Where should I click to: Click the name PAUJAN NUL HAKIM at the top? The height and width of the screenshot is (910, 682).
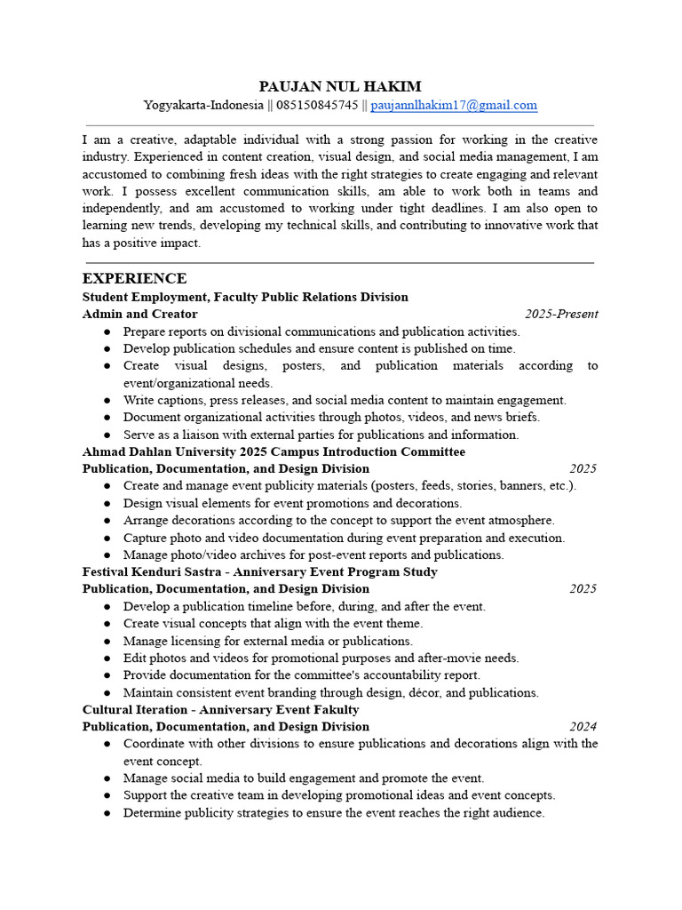[x=340, y=86]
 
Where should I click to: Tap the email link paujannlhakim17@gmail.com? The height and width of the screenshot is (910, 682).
[x=453, y=105]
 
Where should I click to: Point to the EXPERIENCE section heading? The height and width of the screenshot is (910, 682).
[x=134, y=278]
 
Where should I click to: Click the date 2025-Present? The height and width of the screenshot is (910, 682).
[x=560, y=314]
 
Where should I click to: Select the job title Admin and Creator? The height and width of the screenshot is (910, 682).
[x=140, y=314]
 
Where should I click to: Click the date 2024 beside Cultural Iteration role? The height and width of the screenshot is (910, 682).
[x=583, y=726]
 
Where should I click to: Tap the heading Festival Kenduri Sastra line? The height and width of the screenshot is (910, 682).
[x=259, y=571]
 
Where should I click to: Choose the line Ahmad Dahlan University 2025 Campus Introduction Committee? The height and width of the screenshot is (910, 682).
[x=274, y=451]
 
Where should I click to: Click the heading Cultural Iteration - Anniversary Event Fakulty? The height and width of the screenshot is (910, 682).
[x=220, y=709]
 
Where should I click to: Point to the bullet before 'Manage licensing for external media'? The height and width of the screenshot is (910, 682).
[x=107, y=641]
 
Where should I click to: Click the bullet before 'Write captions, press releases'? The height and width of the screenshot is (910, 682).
[x=107, y=400]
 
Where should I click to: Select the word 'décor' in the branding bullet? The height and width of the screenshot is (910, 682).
[x=427, y=692]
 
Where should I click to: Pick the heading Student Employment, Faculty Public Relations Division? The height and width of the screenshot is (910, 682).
[x=245, y=297]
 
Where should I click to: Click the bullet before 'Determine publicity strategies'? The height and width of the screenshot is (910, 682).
[x=107, y=812]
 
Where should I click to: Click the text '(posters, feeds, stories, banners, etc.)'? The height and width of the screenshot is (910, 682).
[x=473, y=485]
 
